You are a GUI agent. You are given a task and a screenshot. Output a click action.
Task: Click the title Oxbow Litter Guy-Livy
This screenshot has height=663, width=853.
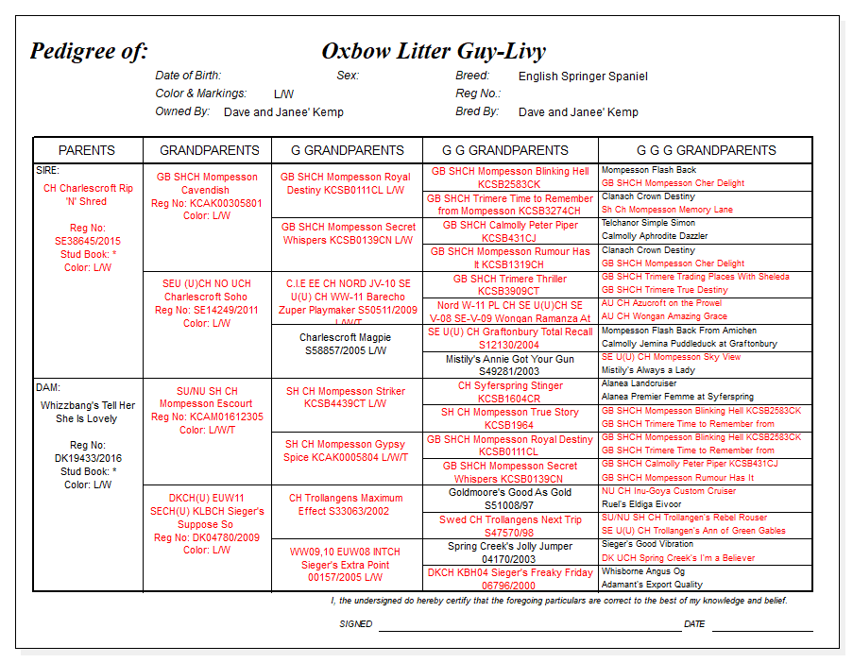pyautogui.click(x=433, y=51)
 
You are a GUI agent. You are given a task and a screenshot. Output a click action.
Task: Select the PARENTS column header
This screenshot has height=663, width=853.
pyautogui.click(x=87, y=150)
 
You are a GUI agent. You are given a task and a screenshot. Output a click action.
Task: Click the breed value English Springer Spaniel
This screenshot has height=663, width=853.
pyautogui.click(x=583, y=76)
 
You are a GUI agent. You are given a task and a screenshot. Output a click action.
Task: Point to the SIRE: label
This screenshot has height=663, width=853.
pyautogui.click(x=47, y=170)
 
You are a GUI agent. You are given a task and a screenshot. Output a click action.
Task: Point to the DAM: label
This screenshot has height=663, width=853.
pyautogui.click(x=48, y=386)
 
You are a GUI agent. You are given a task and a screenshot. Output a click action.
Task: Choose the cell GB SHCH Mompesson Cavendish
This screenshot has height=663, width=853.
pyautogui.click(x=207, y=183)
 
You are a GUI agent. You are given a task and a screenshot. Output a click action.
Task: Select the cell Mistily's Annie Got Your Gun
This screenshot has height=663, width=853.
pyautogui.click(x=510, y=365)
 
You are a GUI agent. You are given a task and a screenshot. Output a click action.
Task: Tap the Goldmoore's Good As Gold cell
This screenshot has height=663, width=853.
pyautogui.click(x=510, y=499)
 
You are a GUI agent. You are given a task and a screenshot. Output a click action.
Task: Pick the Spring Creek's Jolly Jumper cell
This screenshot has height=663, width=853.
pyautogui.click(x=510, y=552)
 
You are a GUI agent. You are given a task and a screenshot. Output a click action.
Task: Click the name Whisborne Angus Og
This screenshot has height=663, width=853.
pyautogui.click(x=643, y=571)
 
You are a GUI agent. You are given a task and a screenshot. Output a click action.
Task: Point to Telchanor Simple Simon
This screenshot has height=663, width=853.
pyautogui.click(x=648, y=223)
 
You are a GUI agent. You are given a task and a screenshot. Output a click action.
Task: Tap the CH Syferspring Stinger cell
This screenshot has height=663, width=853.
pyautogui.click(x=510, y=392)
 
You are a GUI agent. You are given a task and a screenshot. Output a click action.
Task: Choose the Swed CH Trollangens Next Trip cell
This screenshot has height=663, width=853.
pyautogui.click(x=510, y=526)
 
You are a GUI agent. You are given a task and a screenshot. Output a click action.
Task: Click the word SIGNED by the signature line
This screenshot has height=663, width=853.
pyautogui.click(x=356, y=624)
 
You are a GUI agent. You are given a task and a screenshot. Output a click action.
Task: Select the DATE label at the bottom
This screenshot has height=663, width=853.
pyautogui.click(x=694, y=624)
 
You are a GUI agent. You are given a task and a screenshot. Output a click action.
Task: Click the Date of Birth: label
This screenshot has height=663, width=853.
pyautogui.click(x=188, y=76)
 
